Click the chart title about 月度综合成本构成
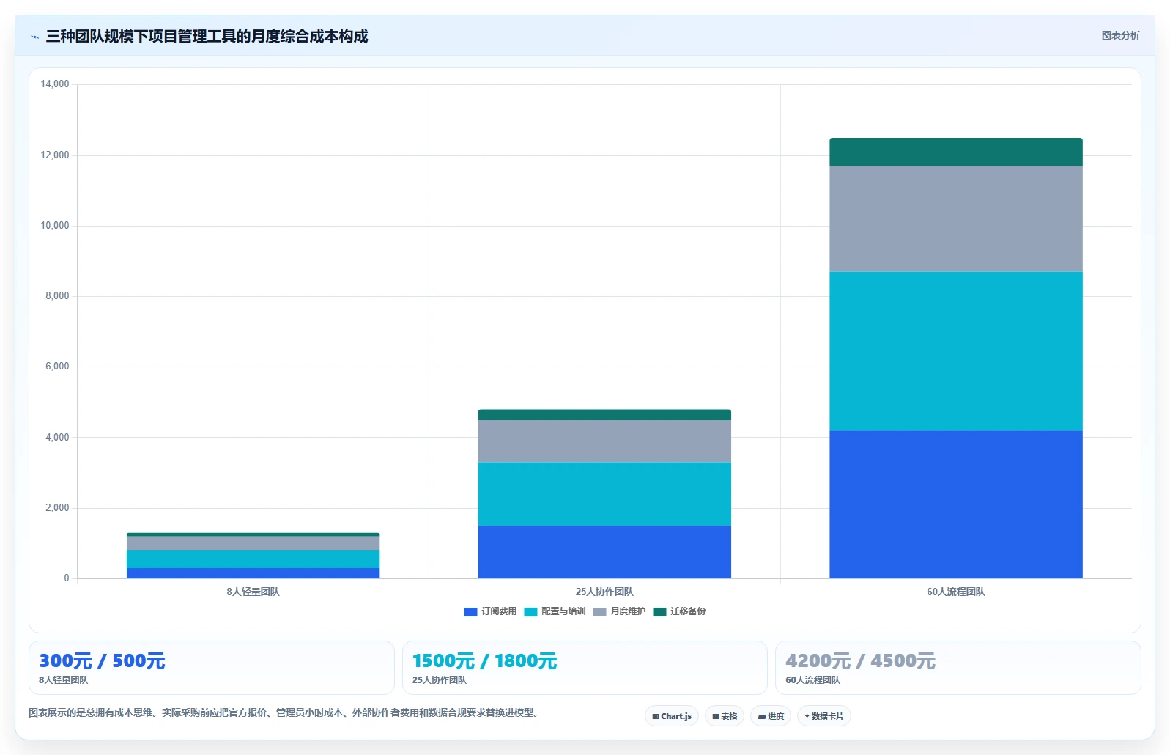(x=207, y=36)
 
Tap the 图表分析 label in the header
(x=1120, y=35)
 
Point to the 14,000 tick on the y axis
(x=55, y=84)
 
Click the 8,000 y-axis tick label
(x=57, y=295)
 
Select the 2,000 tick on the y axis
(x=57, y=507)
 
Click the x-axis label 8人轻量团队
(x=253, y=592)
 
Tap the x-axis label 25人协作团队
(x=604, y=592)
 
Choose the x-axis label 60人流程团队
(x=956, y=592)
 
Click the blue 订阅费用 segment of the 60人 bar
(x=956, y=504)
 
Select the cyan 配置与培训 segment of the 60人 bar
(x=956, y=351)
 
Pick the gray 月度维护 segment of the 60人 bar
(x=956, y=218)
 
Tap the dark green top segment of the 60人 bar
(x=956, y=152)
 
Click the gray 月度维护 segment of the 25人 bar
(x=604, y=441)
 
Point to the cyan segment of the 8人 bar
(x=253, y=559)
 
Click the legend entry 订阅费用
(x=490, y=611)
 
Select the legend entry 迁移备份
(x=679, y=611)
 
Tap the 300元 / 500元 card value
(x=102, y=661)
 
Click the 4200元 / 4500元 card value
(x=860, y=661)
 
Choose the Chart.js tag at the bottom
(x=672, y=716)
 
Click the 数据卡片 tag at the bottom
(x=823, y=716)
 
